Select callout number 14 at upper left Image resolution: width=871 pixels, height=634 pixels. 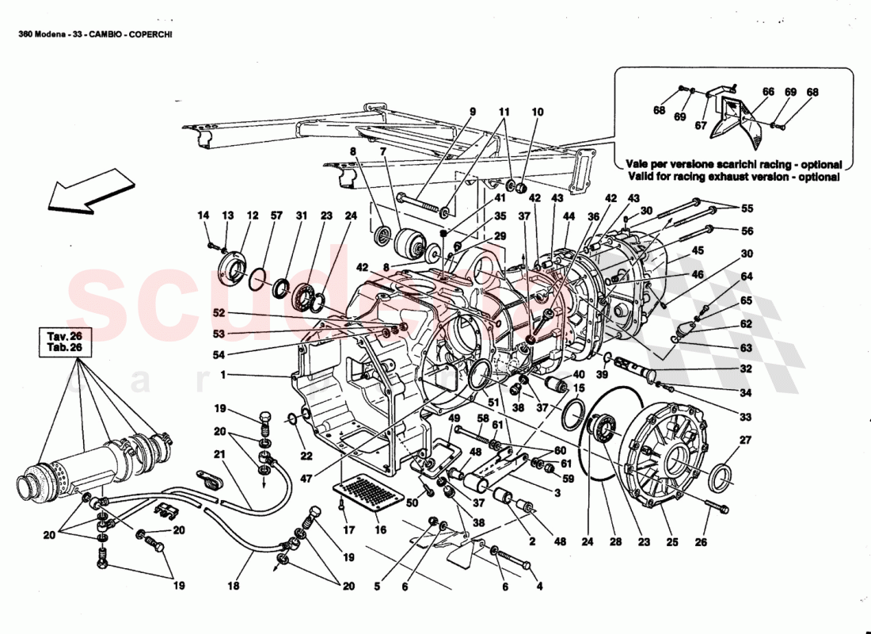(x=203, y=216)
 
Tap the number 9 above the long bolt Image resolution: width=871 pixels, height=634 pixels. (x=473, y=113)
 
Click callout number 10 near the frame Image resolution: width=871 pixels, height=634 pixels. (x=538, y=113)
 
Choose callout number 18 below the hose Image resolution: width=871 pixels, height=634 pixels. (x=234, y=586)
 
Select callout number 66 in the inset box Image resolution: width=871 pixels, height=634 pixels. (x=768, y=92)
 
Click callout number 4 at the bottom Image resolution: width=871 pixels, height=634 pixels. (x=541, y=587)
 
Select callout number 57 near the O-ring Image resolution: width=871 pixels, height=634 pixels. (x=277, y=216)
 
